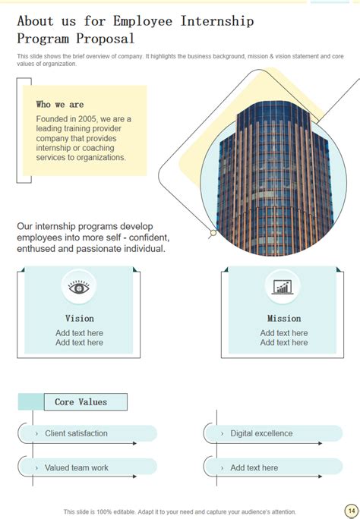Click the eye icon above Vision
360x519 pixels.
pos(79,287)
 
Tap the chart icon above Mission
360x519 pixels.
pos(283,287)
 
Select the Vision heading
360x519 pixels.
pos(80,319)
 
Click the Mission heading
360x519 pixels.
pos(284,319)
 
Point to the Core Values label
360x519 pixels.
pos(81,402)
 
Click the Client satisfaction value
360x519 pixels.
pos(76,433)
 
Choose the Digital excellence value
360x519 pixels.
pos(261,433)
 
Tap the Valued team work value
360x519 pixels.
pos(77,467)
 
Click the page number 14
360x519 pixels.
pos(352,511)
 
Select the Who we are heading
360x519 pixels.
pos(60,104)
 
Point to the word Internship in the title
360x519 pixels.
pos(217,21)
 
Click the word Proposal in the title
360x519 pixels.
pos(106,39)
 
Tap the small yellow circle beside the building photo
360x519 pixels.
pos(213,233)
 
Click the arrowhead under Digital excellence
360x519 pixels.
pos(320,443)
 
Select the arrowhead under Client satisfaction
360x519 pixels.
pos(134,443)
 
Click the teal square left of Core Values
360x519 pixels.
pos(31,402)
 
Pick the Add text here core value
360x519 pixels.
pos(254,467)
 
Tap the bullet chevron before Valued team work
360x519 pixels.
pos(36,468)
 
